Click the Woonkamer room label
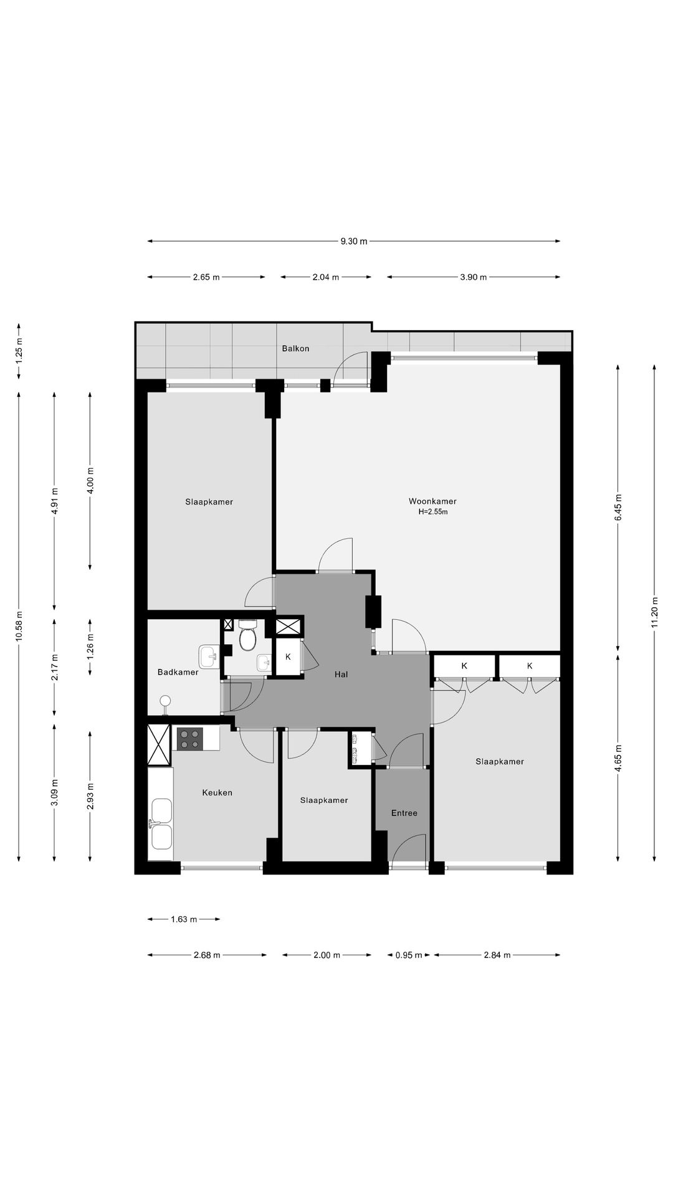pyautogui.click(x=432, y=501)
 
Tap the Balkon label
pyautogui.click(x=295, y=348)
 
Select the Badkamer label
pyautogui.click(x=178, y=672)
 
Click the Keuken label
pyautogui.click(x=217, y=792)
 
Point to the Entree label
pyautogui.click(x=404, y=813)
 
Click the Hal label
pyautogui.click(x=341, y=674)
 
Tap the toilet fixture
pyautogui.click(x=248, y=635)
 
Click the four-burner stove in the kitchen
pyautogui.click(x=189, y=739)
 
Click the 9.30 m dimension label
pyautogui.click(x=354, y=242)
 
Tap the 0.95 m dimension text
pyautogui.click(x=409, y=955)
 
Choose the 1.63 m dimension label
pyautogui.click(x=184, y=919)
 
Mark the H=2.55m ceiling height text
pyautogui.click(x=433, y=512)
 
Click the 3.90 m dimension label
pyautogui.click(x=474, y=277)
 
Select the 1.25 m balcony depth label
pyautogui.click(x=19, y=351)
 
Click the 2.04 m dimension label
pyautogui.click(x=326, y=277)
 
